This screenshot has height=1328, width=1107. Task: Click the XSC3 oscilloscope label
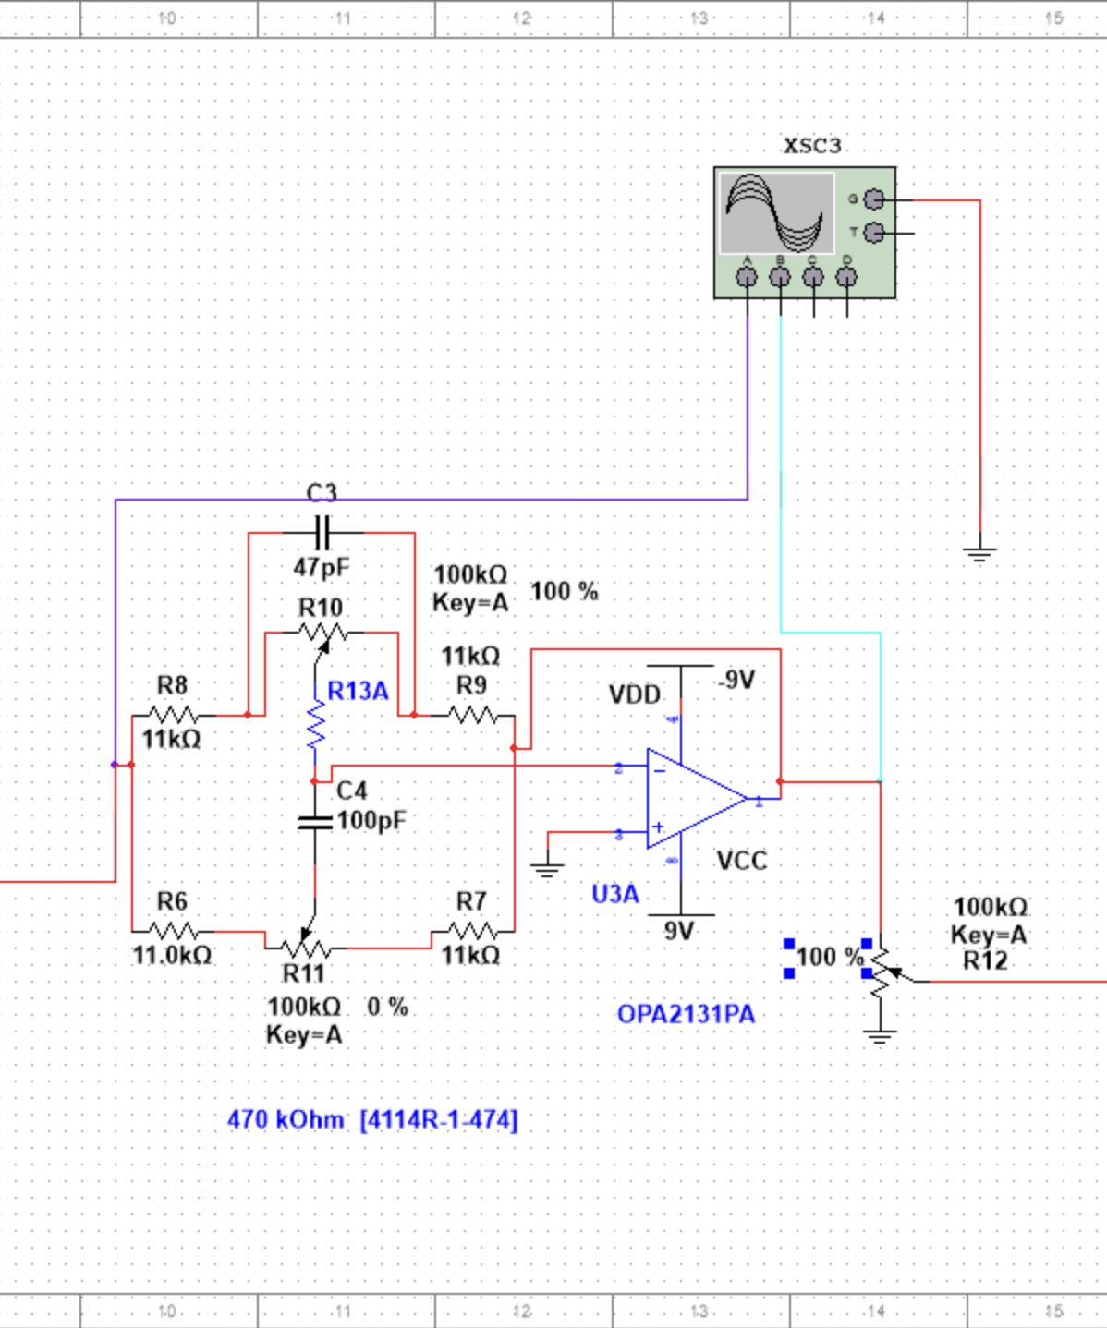click(811, 146)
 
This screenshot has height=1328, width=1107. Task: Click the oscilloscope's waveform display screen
click(776, 212)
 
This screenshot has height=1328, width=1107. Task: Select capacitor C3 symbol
click(322, 533)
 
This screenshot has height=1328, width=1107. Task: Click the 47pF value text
click(322, 567)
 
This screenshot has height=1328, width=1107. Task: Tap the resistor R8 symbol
click(174, 715)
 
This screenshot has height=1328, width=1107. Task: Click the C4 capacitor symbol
click(315, 821)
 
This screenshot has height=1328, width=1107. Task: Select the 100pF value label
click(371, 820)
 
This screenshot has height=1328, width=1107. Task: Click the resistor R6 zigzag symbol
click(174, 931)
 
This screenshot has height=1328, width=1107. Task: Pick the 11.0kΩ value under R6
click(172, 955)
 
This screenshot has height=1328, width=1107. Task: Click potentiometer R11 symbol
click(305, 946)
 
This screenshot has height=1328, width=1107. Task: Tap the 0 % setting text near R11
click(387, 1007)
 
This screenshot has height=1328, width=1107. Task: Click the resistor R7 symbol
click(472, 931)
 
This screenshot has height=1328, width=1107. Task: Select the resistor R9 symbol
click(472, 715)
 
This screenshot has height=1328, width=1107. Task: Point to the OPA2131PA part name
click(686, 1014)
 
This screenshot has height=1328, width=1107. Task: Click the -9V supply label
click(736, 681)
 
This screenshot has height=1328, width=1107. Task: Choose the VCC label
click(742, 861)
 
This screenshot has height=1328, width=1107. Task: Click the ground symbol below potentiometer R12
click(880, 1034)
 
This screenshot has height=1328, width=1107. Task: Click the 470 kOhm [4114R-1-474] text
click(372, 1120)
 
